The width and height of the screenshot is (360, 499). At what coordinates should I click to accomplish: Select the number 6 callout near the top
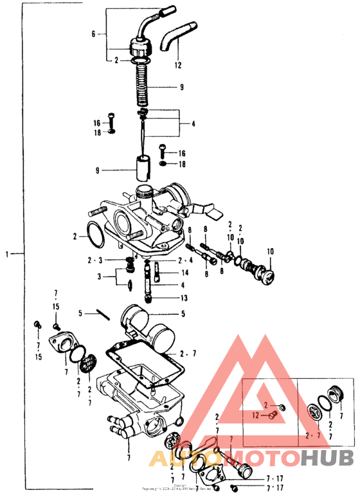click(93, 33)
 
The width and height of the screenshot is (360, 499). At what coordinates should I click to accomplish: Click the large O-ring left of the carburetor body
click(98, 234)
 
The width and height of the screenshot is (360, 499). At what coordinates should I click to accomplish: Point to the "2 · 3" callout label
click(94, 261)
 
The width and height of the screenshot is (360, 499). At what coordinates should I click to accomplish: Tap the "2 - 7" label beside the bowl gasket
click(187, 354)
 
